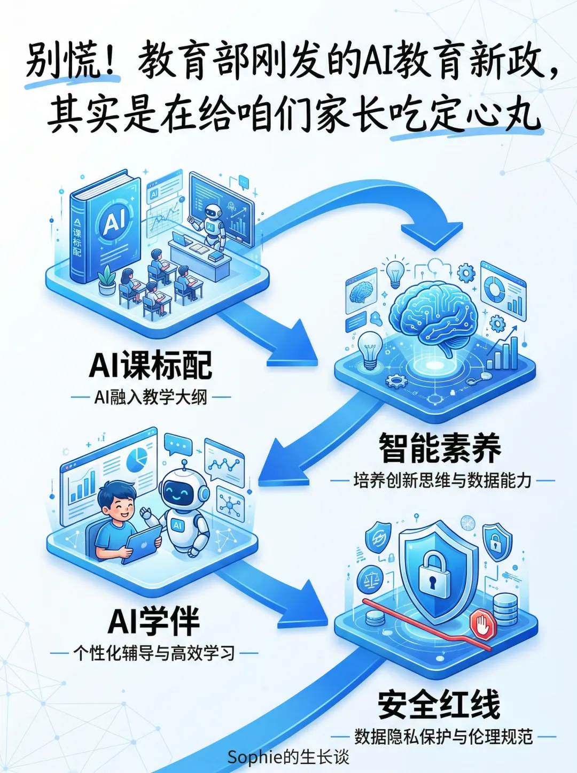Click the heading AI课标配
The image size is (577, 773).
151,365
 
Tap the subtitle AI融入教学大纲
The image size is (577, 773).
151,397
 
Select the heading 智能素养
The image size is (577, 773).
440,448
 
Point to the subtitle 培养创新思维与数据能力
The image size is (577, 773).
442,481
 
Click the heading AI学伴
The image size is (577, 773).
154,621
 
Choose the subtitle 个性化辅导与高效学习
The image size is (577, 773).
154,653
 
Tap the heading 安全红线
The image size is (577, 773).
439,705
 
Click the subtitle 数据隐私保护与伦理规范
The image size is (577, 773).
443,737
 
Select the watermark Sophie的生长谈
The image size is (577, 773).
288,757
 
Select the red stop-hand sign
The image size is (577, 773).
483,625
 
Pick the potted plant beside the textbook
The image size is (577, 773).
107,281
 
